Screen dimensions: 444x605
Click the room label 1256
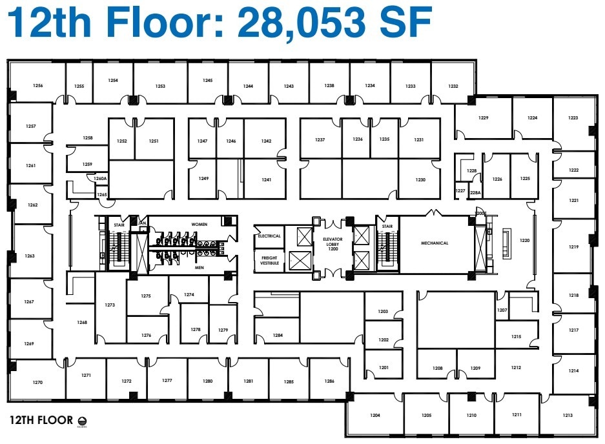click(x=38, y=85)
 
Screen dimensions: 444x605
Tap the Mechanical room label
click(x=435, y=243)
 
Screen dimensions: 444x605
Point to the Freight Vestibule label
click(x=269, y=261)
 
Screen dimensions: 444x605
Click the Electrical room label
click(x=269, y=236)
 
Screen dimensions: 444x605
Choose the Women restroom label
click(x=199, y=224)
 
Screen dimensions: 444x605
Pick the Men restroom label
click(x=199, y=267)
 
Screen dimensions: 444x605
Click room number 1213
click(x=568, y=416)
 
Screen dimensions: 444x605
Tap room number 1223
click(x=573, y=118)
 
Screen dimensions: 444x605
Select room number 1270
click(x=37, y=383)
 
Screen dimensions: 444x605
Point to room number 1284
click(x=278, y=336)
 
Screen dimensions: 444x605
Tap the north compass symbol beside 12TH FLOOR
click(x=81, y=421)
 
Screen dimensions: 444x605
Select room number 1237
click(x=320, y=140)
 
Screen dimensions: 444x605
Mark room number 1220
click(x=524, y=240)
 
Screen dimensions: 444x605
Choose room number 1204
click(x=375, y=416)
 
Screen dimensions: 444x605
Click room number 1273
click(x=110, y=305)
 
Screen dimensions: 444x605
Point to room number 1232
click(x=453, y=86)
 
